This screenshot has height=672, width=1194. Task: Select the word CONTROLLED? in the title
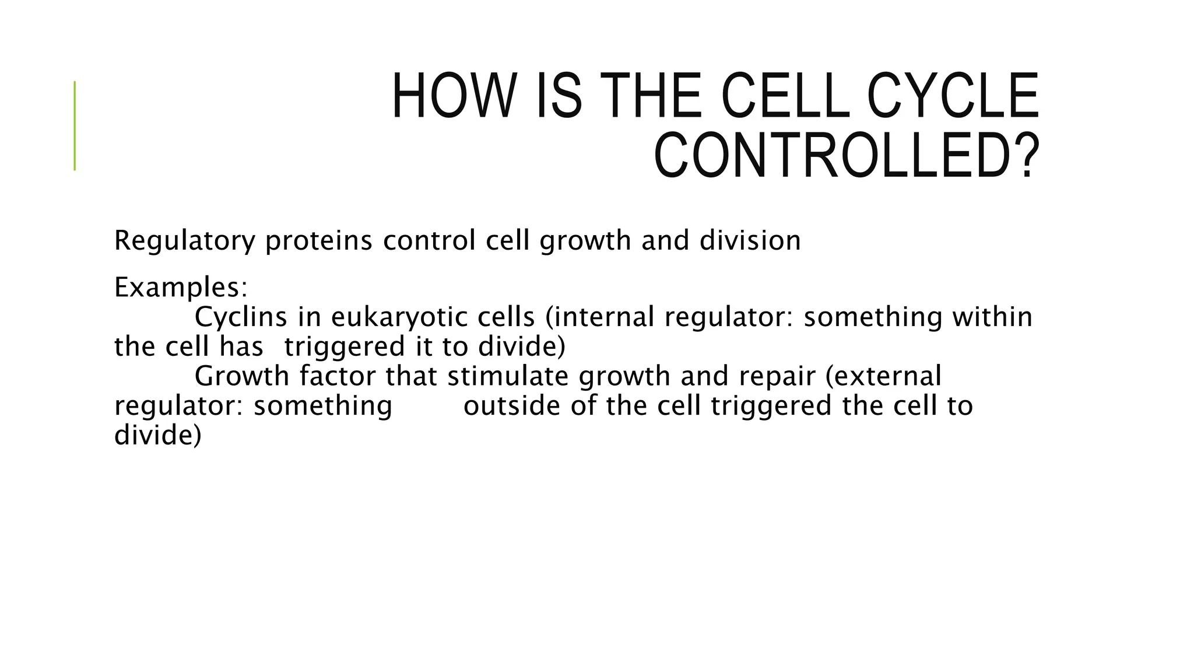[x=847, y=156]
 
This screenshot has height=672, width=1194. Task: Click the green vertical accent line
[x=75, y=125]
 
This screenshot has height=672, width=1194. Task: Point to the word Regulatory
[x=185, y=241]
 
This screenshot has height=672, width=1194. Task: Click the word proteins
[x=318, y=241]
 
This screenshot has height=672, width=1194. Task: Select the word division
[x=750, y=241]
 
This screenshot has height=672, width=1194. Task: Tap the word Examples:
[x=181, y=287]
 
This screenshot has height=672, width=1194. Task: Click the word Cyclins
[x=241, y=317]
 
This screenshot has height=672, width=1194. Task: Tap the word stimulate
[x=507, y=376]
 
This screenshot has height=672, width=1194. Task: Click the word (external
[x=883, y=376]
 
